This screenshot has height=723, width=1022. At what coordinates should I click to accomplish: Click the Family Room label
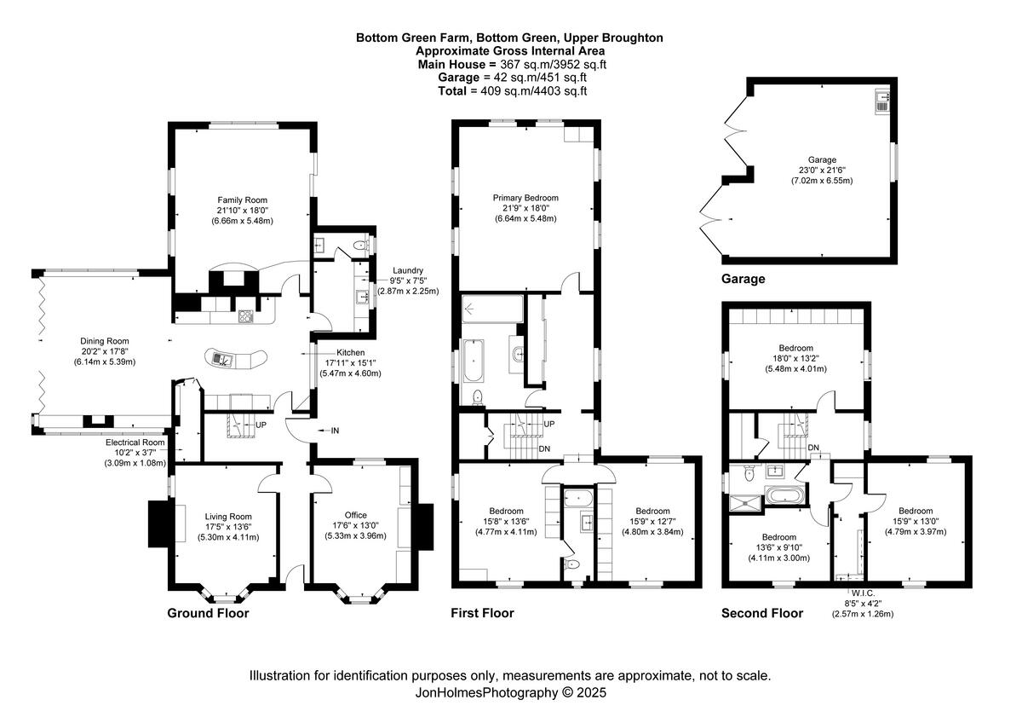pyautogui.click(x=238, y=199)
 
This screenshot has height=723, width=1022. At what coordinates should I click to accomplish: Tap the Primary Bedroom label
pyautogui.click(x=525, y=197)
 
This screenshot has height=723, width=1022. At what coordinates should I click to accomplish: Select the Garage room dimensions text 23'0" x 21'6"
pyautogui.click(x=822, y=170)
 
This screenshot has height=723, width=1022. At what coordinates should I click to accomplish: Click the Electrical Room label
pyautogui.click(x=135, y=442)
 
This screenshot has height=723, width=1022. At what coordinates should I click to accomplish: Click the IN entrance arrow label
pyautogui.click(x=334, y=431)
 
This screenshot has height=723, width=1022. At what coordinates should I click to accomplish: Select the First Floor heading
pyautogui.click(x=482, y=613)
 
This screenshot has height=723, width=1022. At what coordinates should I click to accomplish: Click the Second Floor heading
pyautogui.click(x=761, y=613)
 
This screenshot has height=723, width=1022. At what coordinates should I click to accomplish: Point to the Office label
pyautogui.click(x=355, y=515)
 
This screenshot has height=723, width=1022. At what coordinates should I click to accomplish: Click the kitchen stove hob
pyautogui.click(x=246, y=315)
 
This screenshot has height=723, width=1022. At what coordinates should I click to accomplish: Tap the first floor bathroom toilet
pyautogui.click(x=479, y=396)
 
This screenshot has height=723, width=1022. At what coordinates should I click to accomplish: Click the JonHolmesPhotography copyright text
pyautogui.click(x=510, y=693)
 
